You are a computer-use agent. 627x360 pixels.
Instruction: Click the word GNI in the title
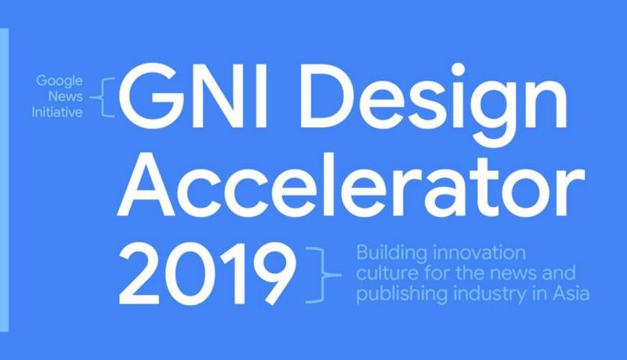193,96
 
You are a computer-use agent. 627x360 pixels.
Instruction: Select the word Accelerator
351,187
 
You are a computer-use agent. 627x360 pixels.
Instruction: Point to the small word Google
60,82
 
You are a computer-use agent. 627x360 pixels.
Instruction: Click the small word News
66,96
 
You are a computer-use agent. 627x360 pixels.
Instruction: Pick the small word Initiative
57,111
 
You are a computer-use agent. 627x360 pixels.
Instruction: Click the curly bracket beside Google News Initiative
102,97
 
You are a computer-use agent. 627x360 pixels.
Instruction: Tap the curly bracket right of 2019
324,275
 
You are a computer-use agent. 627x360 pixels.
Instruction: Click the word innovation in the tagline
480,253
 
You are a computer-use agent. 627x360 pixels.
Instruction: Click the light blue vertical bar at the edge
4,180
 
